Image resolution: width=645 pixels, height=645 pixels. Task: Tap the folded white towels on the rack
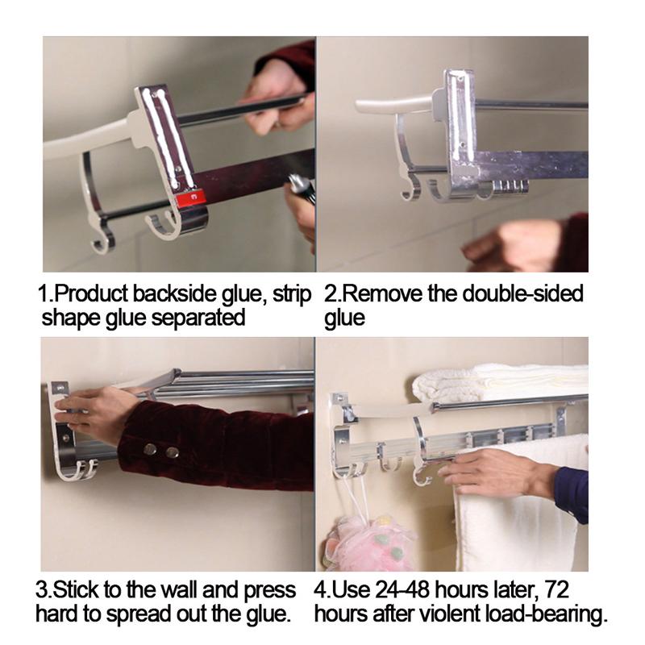pyautogui.click(x=500, y=382)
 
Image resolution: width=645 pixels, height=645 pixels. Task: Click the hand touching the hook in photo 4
pyautogui.click(x=492, y=471)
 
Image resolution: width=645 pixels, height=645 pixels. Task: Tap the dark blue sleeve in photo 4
pyautogui.click(x=573, y=492)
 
